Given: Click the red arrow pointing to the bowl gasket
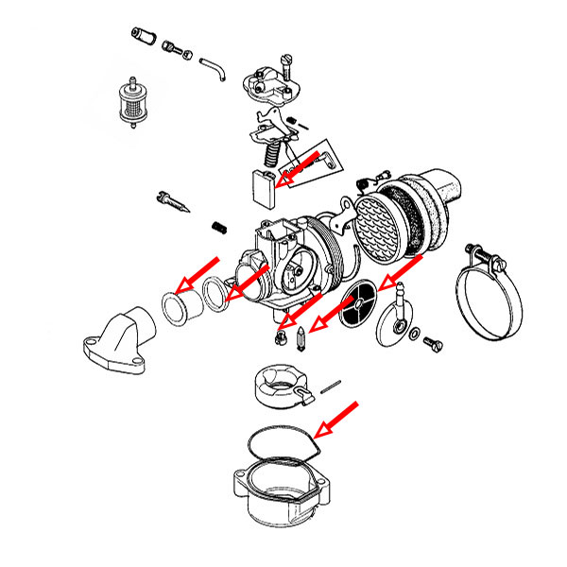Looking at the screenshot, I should point(336,420).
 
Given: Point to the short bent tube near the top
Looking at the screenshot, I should point(213,67).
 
